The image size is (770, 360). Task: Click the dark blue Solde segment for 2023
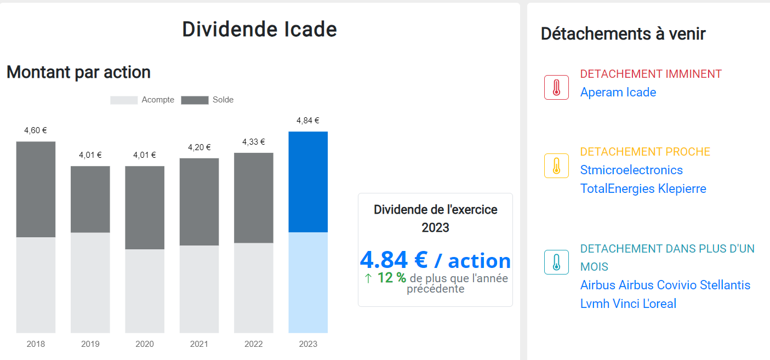tap(308, 182)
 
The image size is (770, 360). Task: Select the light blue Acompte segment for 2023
tap(308, 282)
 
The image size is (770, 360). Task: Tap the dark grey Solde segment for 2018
tap(36, 189)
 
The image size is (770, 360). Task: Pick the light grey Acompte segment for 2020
tap(145, 291)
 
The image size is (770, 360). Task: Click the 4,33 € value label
tap(254, 142)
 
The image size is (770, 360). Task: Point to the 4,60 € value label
tap(36, 130)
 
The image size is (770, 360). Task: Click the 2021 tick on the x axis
tap(199, 344)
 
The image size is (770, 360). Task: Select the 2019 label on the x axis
tap(90, 344)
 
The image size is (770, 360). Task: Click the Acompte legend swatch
tap(124, 100)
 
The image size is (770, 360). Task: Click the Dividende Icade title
tap(259, 30)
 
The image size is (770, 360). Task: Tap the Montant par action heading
tap(78, 72)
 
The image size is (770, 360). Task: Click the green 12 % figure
tap(391, 278)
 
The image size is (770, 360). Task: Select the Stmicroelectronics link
tap(631, 170)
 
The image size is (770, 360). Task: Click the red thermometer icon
tap(556, 88)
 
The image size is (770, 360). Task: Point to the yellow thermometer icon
tap(556, 165)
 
